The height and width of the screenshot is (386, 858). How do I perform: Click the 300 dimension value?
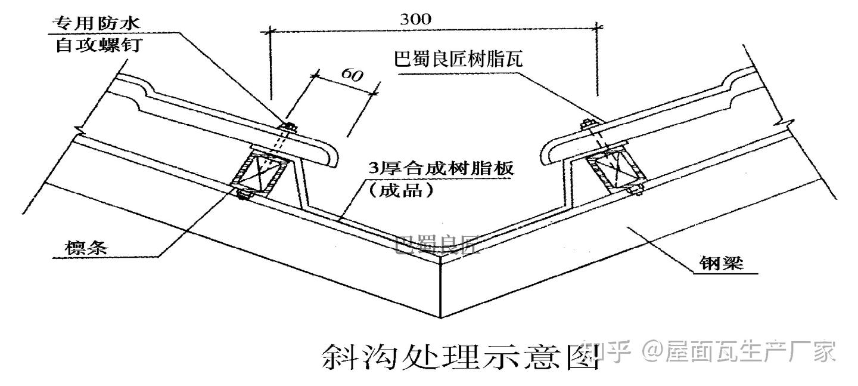(x=415, y=18)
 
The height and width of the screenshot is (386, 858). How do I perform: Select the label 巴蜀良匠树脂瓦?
(x=458, y=60)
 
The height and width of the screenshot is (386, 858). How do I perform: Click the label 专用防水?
(x=95, y=24)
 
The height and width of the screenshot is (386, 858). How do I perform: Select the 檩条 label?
(x=88, y=246)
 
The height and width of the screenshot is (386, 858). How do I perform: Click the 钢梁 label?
(x=721, y=263)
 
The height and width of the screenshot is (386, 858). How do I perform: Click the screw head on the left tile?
(x=290, y=126)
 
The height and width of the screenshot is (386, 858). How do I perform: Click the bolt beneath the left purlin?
(x=244, y=193)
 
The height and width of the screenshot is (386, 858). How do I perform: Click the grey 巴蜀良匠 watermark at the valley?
(x=438, y=244)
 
